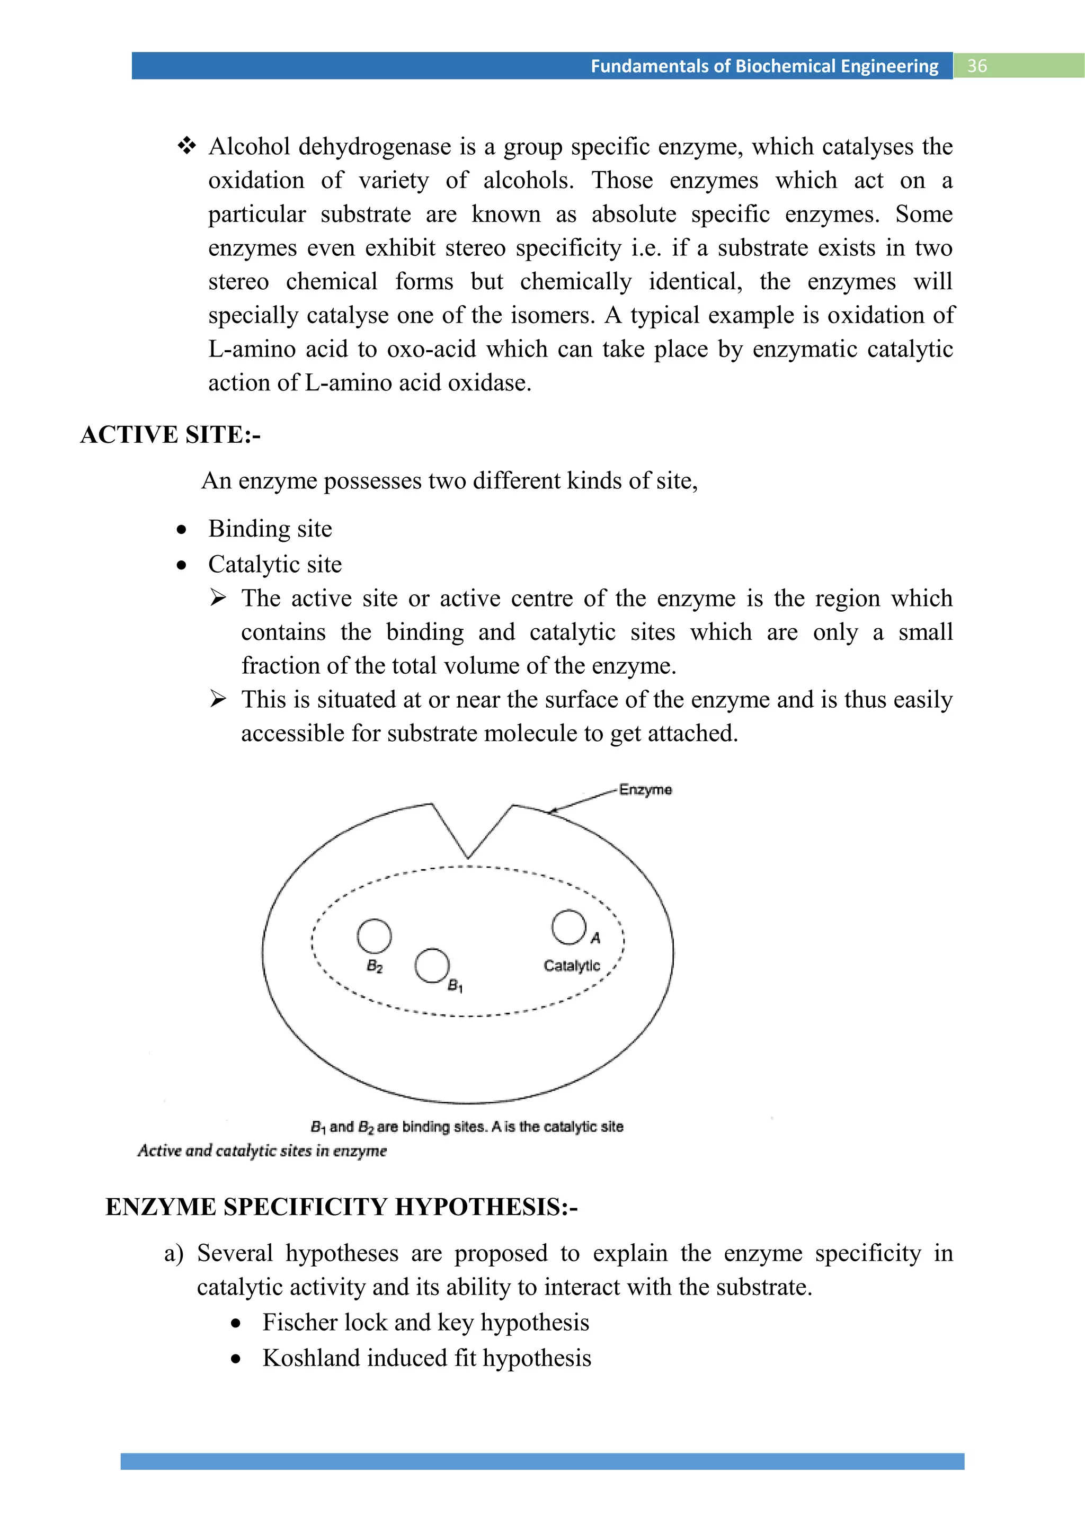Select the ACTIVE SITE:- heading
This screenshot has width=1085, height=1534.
171,435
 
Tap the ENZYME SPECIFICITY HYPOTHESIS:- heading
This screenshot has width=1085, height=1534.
341,1207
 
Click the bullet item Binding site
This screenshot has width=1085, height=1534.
270,529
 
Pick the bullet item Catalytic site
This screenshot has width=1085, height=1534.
274,565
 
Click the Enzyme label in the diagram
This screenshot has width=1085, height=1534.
645,790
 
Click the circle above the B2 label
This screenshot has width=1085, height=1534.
374,935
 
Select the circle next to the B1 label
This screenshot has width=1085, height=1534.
432,966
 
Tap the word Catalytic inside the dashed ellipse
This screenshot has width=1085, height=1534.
571,966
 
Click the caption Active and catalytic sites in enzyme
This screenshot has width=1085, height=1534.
262,1150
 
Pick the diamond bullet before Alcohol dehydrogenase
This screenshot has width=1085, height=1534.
186,146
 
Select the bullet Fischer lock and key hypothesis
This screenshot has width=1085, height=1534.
425,1322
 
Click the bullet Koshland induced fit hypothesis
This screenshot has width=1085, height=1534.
426,1358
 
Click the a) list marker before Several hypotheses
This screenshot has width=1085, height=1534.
174,1253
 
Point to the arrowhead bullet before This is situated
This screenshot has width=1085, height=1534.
218,699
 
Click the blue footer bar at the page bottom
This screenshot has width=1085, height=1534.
542,1461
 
